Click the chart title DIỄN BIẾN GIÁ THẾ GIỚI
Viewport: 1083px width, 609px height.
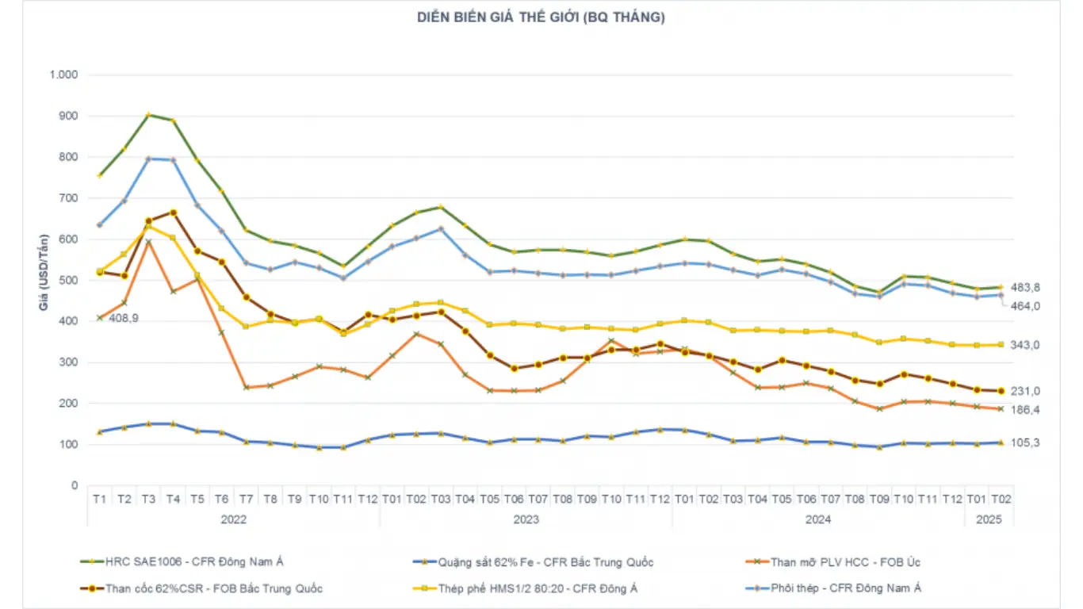coord(541,17)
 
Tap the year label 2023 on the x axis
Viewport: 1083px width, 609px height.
coord(526,520)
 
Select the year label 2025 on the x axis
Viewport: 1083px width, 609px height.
coord(989,520)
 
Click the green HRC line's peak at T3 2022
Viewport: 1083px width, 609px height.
coord(148,115)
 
